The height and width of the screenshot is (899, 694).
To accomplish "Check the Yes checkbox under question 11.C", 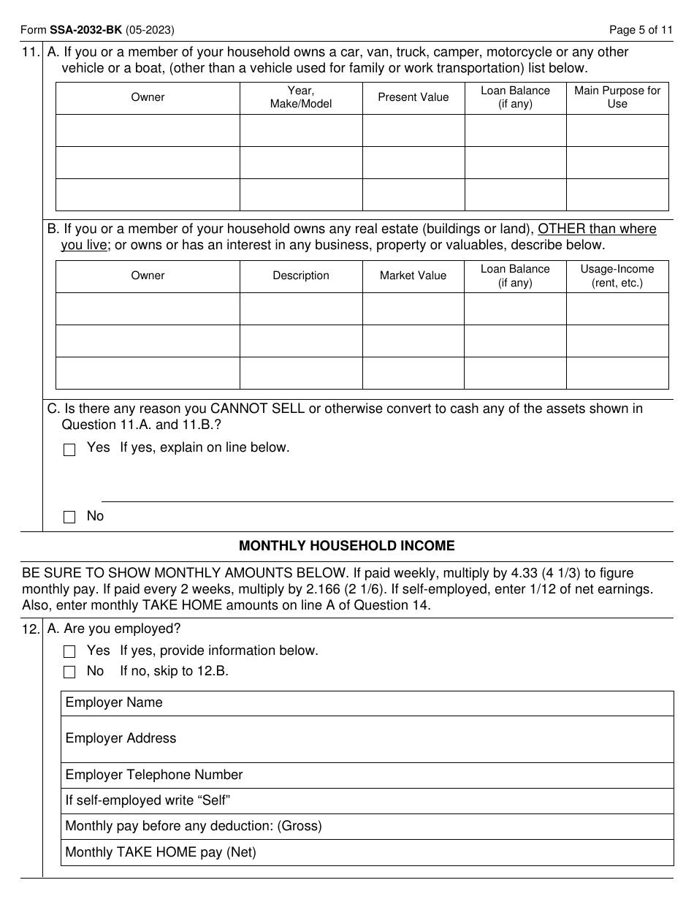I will [69, 449].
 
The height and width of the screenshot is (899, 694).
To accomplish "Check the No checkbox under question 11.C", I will [69, 517].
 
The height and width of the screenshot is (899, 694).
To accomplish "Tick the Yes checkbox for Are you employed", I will [69, 651].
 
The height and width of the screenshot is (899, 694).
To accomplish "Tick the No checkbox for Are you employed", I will [69, 672].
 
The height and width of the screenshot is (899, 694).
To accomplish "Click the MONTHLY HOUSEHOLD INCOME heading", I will [347, 546].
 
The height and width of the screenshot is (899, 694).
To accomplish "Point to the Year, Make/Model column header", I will [301, 97].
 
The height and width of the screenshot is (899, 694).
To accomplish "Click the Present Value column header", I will [413, 97].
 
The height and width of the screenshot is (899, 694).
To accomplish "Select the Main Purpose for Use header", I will [617, 97].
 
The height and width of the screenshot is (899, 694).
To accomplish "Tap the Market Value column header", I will [413, 276].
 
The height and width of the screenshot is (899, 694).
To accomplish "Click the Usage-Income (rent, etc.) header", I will [617, 276].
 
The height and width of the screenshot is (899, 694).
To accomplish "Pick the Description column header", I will [301, 276].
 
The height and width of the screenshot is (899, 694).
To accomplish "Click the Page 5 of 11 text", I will [641, 30].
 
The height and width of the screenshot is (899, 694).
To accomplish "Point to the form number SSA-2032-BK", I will [85, 30].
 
